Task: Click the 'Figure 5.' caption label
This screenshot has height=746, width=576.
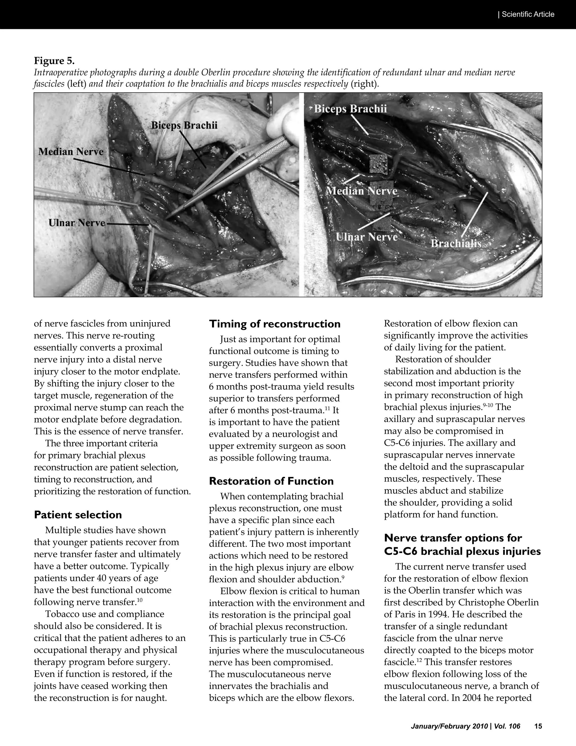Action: [54, 61]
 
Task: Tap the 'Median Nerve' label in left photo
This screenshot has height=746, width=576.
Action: [71, 152]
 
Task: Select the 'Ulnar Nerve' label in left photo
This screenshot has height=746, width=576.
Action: [77, 223]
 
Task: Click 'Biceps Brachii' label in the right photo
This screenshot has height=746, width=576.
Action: [350, 109]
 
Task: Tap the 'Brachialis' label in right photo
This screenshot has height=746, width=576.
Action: [456, 244]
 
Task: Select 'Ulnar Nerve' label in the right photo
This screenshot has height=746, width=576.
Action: [367, 237]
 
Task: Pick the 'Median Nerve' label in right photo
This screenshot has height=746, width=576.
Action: [362, 191]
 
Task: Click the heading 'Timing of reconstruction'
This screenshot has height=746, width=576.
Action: [275, 324]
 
